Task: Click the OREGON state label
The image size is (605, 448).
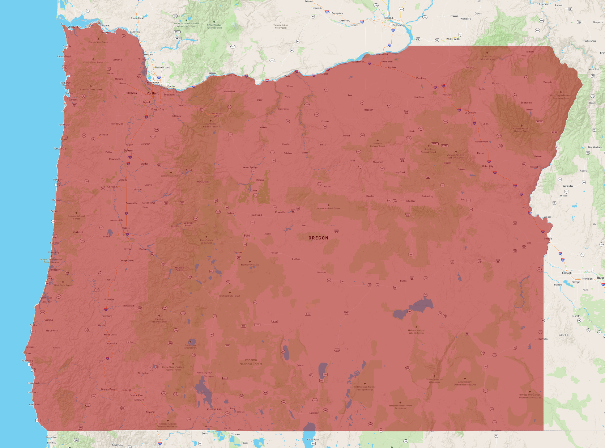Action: point(318,238)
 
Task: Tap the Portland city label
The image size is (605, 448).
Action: point(153,93)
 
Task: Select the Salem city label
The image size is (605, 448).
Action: point(128,150)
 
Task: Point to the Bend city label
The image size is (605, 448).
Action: point(247,236)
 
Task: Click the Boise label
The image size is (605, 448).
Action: point(600,278)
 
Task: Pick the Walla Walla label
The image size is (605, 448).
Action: point(453,39)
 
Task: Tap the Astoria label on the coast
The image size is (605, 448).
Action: point(73,27)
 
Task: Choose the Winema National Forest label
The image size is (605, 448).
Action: point(251,362)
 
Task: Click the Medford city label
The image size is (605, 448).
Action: point(139,400)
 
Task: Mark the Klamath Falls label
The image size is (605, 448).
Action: point(214,410)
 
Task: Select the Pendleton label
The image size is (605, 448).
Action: point(421,78)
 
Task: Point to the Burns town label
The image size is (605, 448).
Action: point(403,281)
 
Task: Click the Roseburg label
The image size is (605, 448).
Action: point(107,316)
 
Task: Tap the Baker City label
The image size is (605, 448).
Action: point(487,166)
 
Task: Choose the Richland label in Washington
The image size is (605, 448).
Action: point(388,18)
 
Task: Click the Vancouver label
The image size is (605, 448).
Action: point(153,83)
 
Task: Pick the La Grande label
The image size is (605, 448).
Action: point(470,113)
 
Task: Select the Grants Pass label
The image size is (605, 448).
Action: point(108,389)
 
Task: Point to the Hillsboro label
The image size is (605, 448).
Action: point(131,93)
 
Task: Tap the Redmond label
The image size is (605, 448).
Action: point(257,215)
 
